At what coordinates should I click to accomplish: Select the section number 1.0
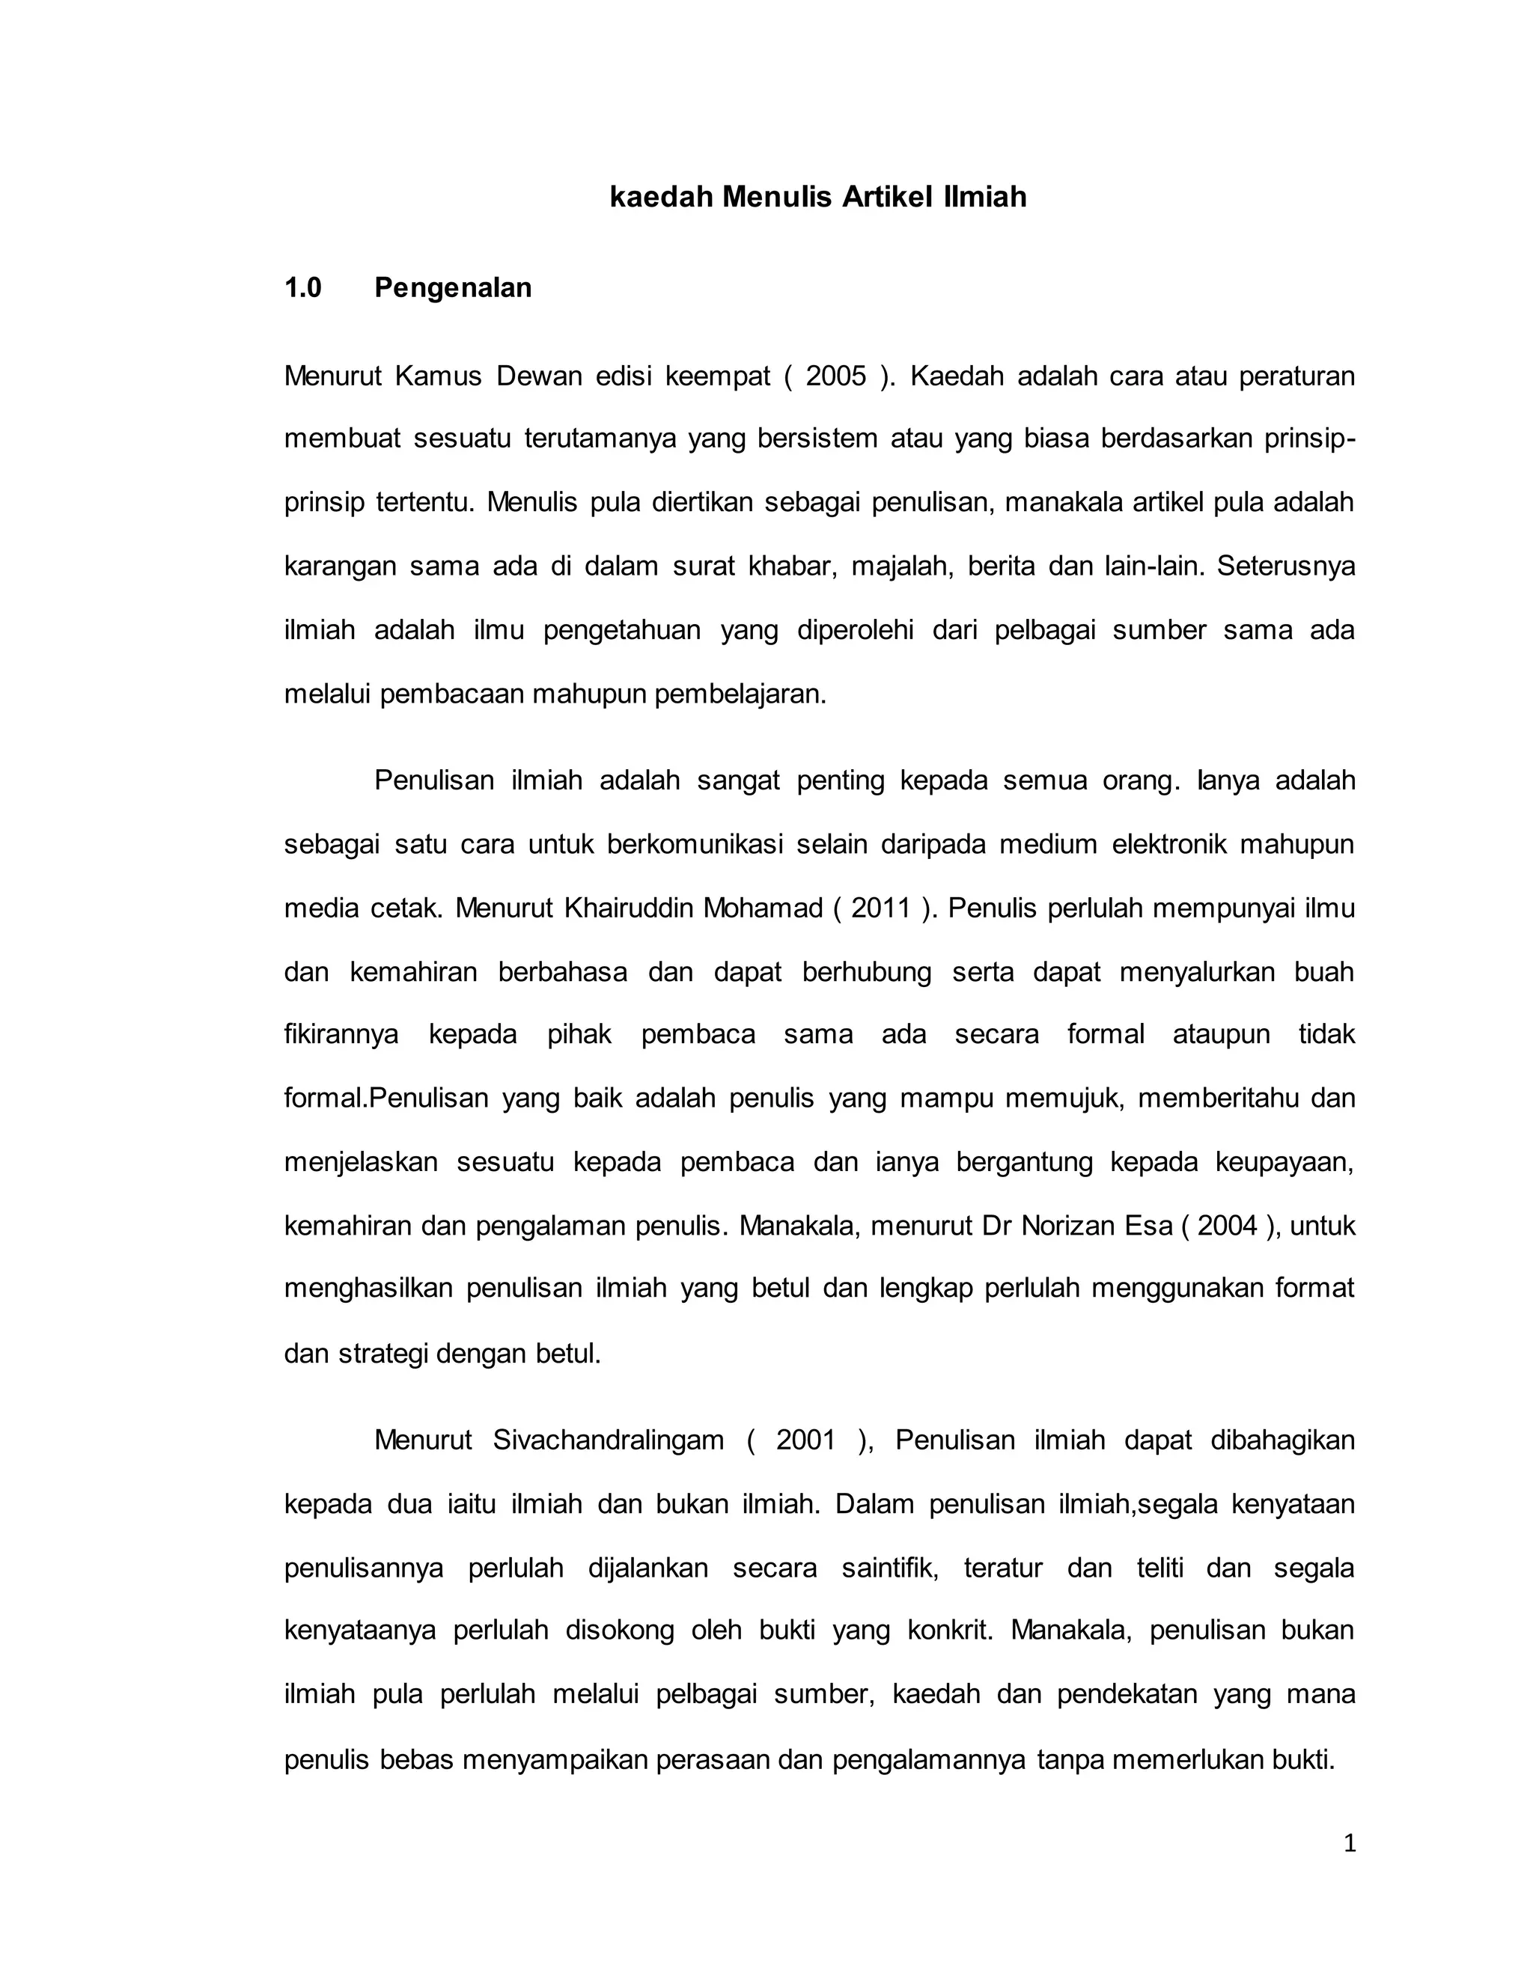pyautogui.click(x=302, y=288)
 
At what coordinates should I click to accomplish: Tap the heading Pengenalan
pyautogui.click(x=452, y=288)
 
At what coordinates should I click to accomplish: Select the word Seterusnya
pyautogui.click(x=1285, y=566)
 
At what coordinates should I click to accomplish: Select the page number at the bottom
pyautogui.click(x=1349, y=1843)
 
